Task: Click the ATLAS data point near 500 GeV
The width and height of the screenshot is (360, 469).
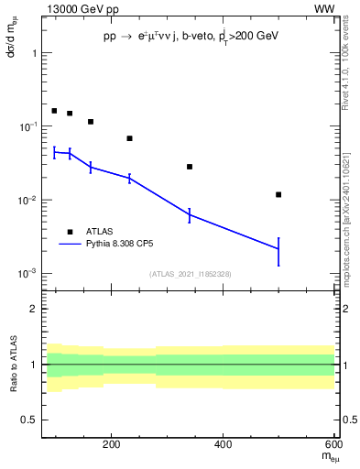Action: (278, 194)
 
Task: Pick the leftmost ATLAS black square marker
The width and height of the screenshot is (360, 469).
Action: (54, 111)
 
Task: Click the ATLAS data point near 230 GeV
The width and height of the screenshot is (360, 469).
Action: (129, 138)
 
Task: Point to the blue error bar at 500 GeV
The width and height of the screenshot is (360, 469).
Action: (278, 250)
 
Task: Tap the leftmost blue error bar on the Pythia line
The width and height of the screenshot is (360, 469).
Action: (54, 152)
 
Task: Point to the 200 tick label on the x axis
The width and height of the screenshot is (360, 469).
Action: (112, 444)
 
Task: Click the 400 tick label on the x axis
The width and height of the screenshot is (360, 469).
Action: (224, 444)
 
